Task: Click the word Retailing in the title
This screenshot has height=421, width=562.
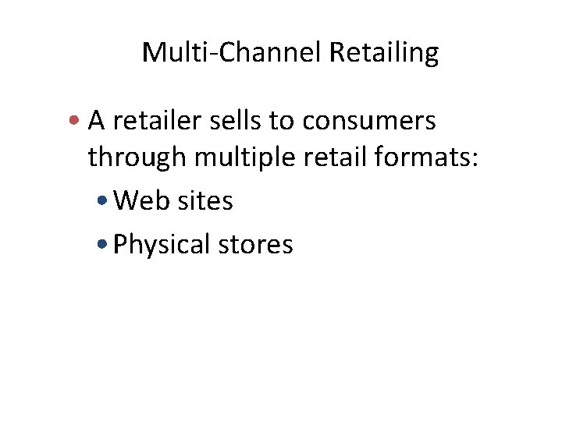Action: (x=385, y=53)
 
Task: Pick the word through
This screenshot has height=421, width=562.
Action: (x=137, y=158)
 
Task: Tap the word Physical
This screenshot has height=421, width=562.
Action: (x=162, y=246)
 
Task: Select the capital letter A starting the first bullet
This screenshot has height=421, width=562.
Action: (x=96, y=121)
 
